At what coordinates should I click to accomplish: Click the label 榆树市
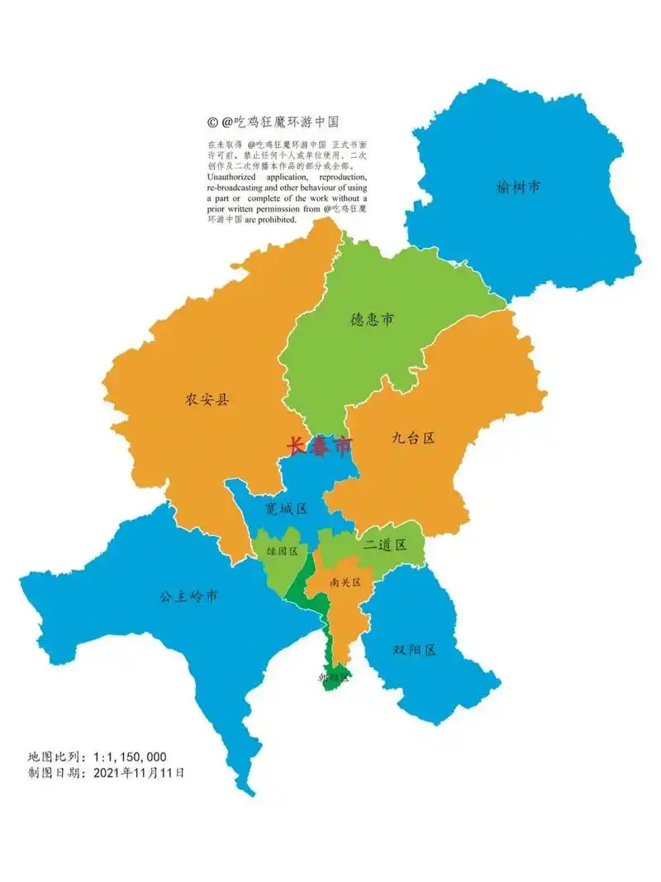519,188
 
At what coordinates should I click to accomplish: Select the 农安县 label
207,400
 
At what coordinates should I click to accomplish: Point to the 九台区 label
413,438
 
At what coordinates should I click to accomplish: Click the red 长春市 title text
320,446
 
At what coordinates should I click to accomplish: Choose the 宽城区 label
286,508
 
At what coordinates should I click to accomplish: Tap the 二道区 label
385,544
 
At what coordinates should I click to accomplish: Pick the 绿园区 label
282,551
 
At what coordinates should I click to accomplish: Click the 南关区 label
345,582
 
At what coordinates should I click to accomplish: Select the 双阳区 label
415,650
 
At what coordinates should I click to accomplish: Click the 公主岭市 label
189,596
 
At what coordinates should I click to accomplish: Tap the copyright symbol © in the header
212,122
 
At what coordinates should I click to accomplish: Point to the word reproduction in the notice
334,177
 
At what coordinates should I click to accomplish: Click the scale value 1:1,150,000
130,756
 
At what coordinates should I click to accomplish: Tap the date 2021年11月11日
139,773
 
